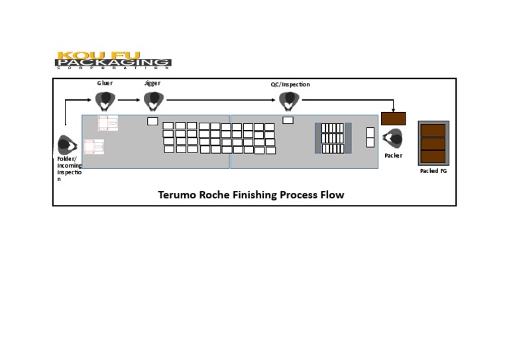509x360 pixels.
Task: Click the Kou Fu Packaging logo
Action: (113, 60)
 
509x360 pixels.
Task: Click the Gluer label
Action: (105, 83)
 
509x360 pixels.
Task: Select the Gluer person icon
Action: (105, 100)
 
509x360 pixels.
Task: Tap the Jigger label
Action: (152, 83)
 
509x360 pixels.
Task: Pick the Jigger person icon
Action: (154, 100)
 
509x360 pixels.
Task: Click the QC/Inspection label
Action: (290, 84)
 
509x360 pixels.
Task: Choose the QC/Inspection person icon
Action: (289, 101)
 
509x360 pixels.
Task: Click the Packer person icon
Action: (392, 139)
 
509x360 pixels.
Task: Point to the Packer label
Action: (393, 156)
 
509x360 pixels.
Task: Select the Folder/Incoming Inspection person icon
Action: (67, 145)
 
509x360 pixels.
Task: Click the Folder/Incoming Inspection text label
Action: (68, 168)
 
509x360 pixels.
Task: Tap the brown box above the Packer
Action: (393, 119)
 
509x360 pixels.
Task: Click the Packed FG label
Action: (433, 171)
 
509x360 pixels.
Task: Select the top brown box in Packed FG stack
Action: (433, 131)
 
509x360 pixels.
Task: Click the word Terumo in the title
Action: (177, 195)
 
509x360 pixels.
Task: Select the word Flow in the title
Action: (333, 195)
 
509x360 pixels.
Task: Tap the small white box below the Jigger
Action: (152, 121)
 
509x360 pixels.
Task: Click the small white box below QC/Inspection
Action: (288, 120)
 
